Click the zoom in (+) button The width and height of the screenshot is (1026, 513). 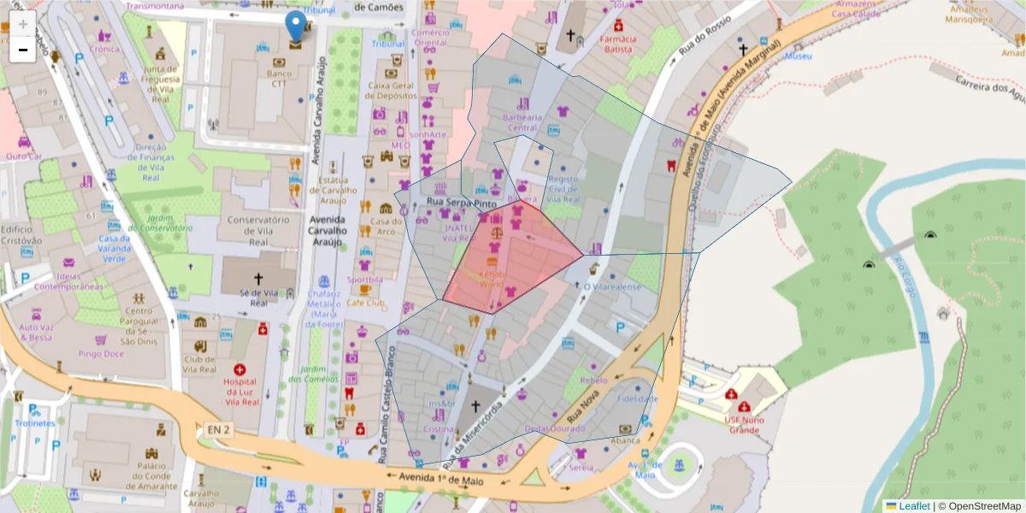coord(23,23)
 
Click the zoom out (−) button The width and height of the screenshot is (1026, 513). coord(23,50)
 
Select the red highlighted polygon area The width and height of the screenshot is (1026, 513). coord(513,256)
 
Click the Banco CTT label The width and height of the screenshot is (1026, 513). coord(280,79)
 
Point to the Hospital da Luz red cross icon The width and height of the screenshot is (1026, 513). coord(239,369)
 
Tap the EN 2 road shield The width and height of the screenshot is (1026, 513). coord(218,429)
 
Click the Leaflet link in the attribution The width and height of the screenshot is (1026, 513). coord(913,506)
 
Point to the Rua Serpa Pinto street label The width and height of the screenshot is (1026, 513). coord(462,203)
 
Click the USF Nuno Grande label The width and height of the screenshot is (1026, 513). coord(744,424)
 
